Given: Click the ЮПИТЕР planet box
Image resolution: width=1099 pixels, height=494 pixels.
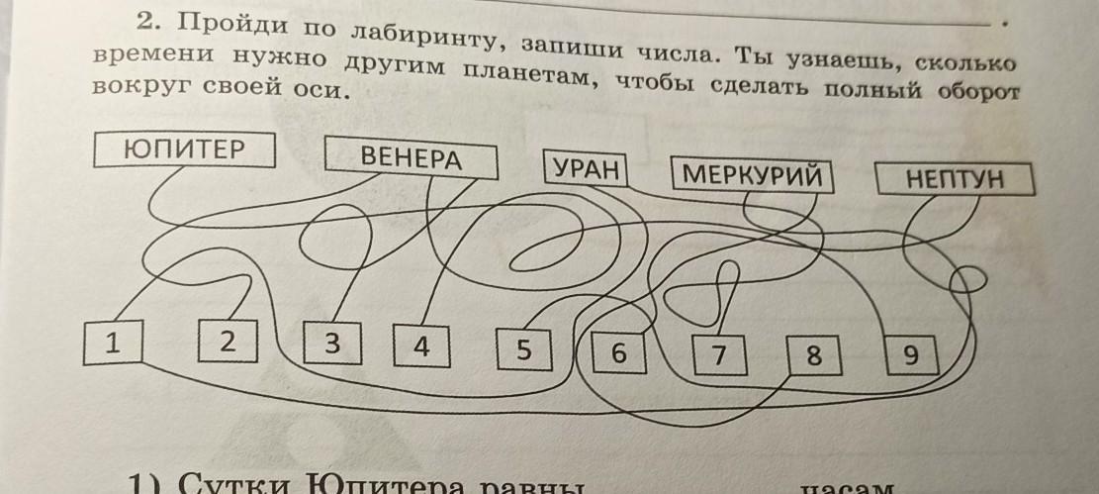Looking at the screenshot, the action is [x=184, y=150].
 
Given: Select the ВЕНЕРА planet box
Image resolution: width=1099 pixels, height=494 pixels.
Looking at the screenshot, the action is [x=411, y=159].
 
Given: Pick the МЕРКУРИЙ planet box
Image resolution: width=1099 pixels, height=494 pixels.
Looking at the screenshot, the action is [x=753, y=176].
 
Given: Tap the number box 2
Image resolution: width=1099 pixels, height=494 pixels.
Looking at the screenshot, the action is [x=228, y=343].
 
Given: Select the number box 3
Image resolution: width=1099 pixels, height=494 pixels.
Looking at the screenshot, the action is [x=332, y=345].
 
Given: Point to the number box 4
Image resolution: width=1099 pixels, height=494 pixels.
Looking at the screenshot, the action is [x=421, y=347].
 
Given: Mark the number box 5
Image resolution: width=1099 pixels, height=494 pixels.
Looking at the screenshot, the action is [x=523, y=350].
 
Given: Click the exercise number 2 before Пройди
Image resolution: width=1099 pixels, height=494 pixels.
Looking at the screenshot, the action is [x=144, y=21].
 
